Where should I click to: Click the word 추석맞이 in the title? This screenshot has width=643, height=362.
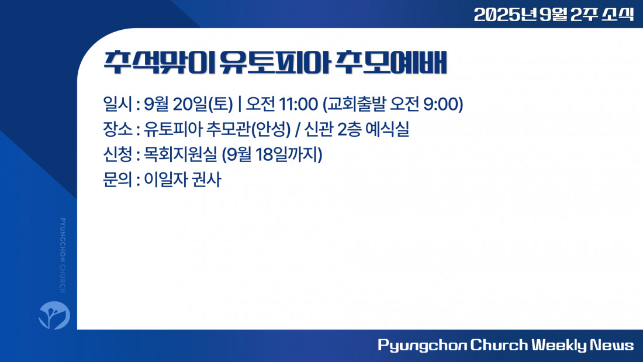coord(159,63)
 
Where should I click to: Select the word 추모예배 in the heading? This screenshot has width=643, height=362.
coord(390,63)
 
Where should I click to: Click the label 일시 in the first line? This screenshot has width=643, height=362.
coord(117,104)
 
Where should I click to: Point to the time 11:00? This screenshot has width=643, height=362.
coord(298,104)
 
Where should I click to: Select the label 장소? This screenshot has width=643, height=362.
coord(117,129)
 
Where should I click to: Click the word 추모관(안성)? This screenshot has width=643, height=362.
coord(248,129)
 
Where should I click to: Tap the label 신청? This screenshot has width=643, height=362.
coord(117,154)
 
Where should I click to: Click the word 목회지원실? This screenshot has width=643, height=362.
coord(180,154)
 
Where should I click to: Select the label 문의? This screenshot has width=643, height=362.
coord(117,180)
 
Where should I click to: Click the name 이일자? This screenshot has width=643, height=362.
coord(165,180)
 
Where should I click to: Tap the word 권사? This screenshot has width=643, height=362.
coord(206,180)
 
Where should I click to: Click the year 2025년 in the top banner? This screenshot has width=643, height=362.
coord(505,15)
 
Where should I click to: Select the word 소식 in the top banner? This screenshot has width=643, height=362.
coord(618,15)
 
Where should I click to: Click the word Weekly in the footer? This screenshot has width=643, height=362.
coord(559,345)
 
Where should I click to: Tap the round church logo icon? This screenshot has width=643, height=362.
coord(54,315)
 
